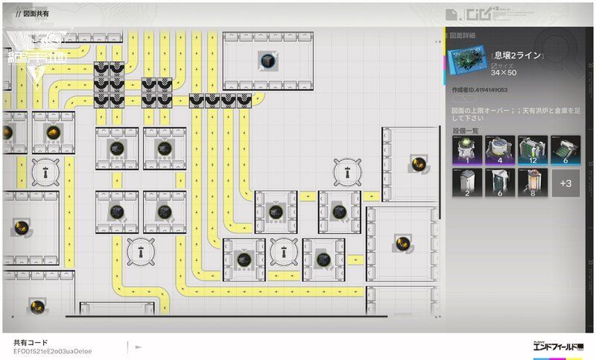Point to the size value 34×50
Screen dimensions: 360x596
(504, 72)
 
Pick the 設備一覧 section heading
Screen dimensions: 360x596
(464, 130)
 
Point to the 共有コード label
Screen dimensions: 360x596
(30, 342)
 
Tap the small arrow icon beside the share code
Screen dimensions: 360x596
(138, 347)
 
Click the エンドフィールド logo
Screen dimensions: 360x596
(558, 347)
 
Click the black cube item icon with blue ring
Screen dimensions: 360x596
(266, 60)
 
